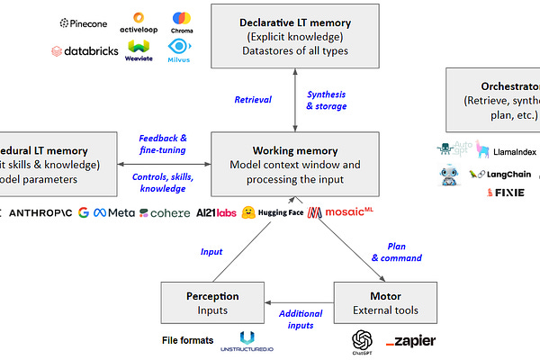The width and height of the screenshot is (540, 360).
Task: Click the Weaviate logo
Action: tap(139, 49)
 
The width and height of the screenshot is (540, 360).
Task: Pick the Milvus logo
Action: tap(180, 49)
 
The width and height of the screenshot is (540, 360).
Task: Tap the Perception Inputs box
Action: tap(213, 302)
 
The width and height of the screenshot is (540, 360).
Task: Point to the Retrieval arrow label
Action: tap(254, 100)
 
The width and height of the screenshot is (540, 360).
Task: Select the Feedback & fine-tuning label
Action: tap(163, 144)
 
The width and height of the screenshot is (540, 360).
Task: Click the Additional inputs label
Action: tap(300, 319)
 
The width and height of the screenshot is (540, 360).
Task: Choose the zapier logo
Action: tap(410, 341)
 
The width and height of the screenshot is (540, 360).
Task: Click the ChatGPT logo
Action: tap(363, 342)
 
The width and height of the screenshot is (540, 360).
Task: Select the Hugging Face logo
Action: tap(273, 212)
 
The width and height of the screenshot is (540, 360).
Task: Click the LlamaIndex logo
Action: tap(508, 151)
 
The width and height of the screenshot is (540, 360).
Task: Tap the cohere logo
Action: tap(165, 212)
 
